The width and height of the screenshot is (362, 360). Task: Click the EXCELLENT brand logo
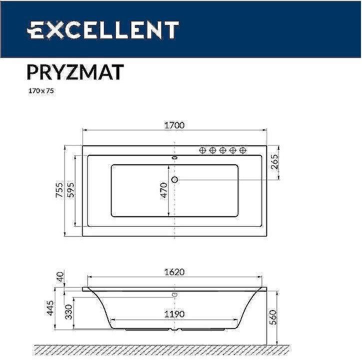[x=103, y=30]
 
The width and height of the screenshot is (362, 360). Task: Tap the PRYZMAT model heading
[x=74, y=72]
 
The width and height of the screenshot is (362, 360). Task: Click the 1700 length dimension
[x=174, y=125]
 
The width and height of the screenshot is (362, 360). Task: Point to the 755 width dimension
[x=59, y=191]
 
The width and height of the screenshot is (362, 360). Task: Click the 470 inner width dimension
[x=164, y=190]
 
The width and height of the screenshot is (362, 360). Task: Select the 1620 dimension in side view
[x=174, y=272]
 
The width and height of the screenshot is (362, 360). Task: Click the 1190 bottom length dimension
[x=174, y=314]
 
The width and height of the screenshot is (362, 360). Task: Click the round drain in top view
[x=175, y=179]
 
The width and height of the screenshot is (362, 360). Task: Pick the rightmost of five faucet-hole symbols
[x=243, y=150]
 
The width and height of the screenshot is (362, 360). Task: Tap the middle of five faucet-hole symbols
[x=223, y=150]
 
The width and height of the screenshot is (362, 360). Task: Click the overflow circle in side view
[x=175, y=295]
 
